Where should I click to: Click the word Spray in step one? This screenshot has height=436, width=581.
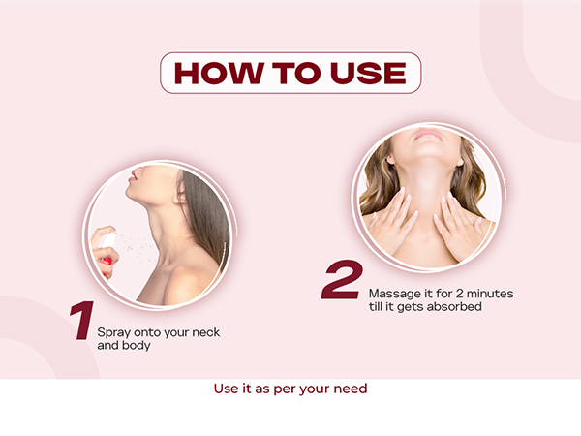pos(114,332)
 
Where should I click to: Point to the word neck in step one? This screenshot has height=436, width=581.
pos(201,332)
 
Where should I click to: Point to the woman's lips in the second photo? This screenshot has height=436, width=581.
pos(423,135)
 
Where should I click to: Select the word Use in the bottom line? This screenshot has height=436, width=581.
pos(225,389)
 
